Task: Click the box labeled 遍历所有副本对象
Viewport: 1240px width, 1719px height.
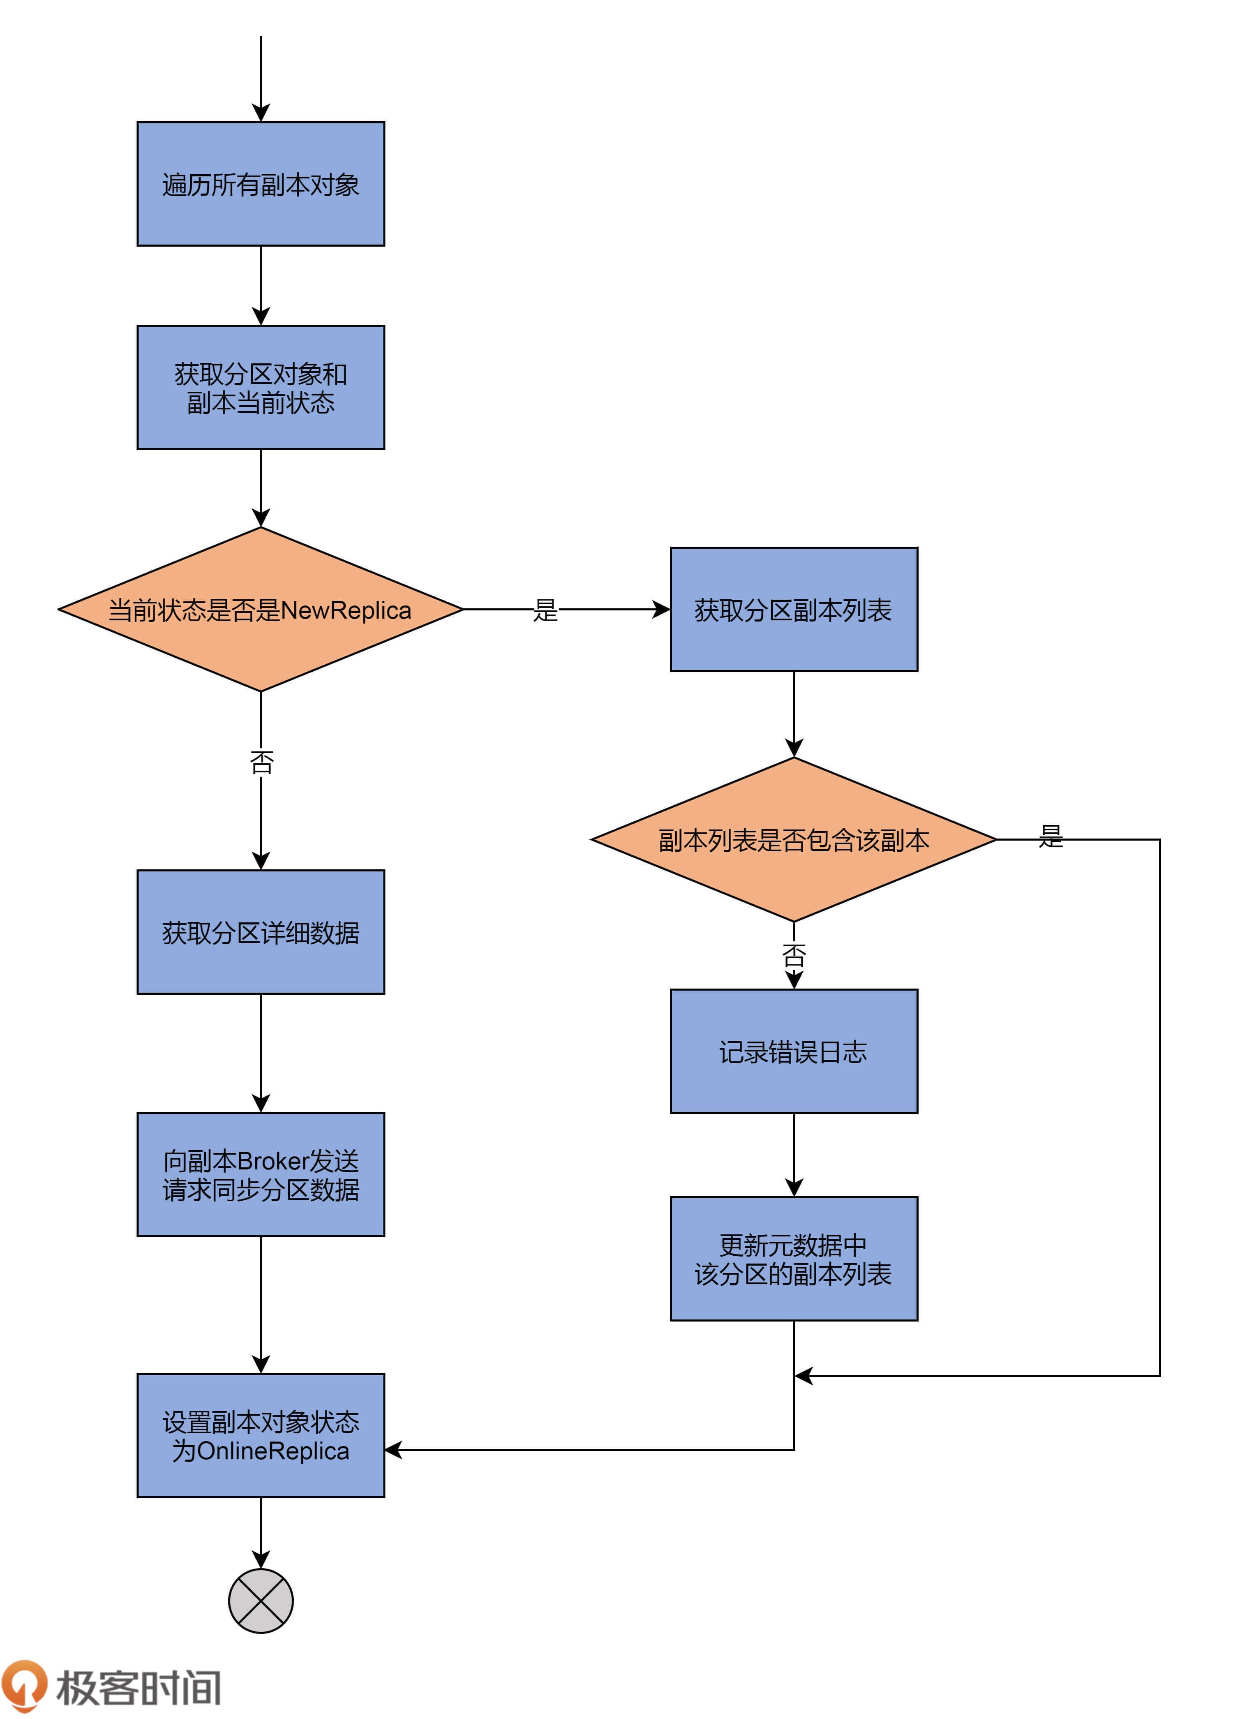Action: pyautogui.click(x=261, y=184)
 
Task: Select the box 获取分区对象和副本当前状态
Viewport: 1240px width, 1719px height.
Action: pyautogui.click(x=261, y=387)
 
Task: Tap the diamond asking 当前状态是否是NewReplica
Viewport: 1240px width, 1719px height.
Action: pyautogui.click(x=261, y=610)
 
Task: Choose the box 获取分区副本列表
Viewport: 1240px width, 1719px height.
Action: pyautogui.click(x=794, y=610)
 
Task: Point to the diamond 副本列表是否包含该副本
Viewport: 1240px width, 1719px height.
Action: pyautogui.click(x=794, y=840)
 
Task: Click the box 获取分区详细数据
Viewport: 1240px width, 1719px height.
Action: pyautogui.click(x=261, y=932)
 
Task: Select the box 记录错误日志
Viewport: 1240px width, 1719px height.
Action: pyautogui.click(x=794, y=1051)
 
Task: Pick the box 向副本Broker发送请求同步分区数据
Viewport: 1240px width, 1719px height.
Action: pyautogui.click(x=261, y=1175)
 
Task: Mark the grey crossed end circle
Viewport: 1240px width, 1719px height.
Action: pyautogui.click(x=261, y=1601)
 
